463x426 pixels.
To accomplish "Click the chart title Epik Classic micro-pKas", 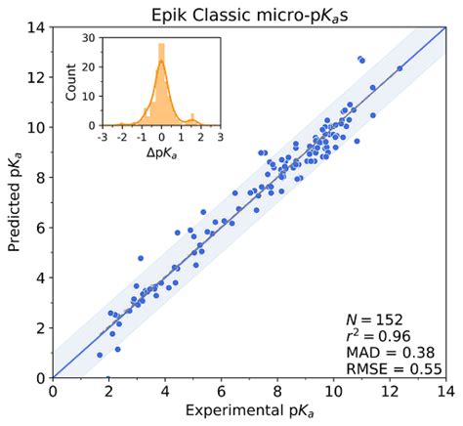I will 248,14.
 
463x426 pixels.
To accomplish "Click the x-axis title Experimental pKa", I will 248,412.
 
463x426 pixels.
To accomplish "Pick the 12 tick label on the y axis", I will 37,76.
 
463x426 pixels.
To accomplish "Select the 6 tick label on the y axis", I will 41,227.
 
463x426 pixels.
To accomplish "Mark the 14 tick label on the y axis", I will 37,26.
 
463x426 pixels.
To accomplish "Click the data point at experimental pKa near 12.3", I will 400,68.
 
